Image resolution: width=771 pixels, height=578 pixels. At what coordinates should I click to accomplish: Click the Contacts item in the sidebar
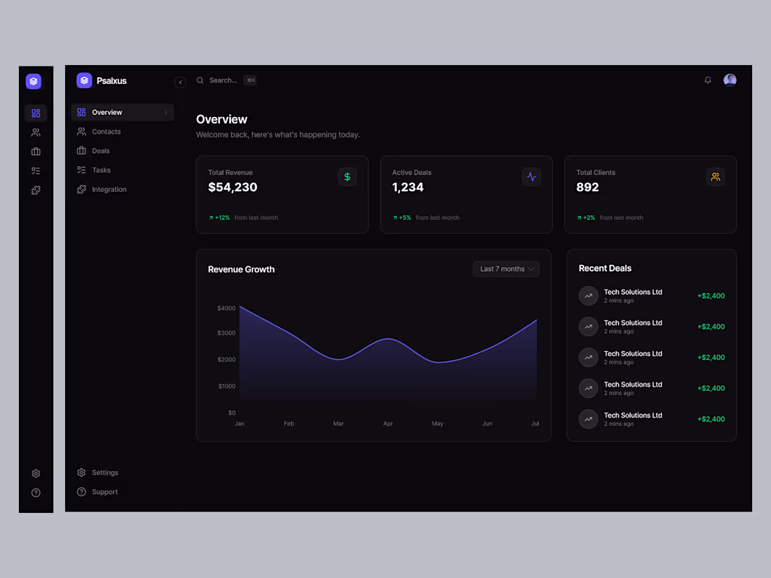click(106, 132)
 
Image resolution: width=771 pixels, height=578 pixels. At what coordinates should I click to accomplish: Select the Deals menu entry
click(100, 151)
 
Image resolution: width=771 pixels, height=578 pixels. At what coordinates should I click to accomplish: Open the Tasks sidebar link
click(101, 170)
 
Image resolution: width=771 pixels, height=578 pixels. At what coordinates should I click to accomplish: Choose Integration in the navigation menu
click(109, 189)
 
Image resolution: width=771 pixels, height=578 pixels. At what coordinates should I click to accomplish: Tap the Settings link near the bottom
click(104, 473)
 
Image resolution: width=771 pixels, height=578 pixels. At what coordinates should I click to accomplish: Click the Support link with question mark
click(104, 492)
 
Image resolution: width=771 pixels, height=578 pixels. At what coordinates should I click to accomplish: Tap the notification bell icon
click(708, 81)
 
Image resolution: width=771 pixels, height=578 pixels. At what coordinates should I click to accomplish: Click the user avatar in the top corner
click(730, 80)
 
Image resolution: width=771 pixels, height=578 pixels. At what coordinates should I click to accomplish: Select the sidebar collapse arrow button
click(180, 82)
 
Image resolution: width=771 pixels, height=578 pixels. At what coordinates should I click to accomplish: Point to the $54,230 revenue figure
click(233, 187)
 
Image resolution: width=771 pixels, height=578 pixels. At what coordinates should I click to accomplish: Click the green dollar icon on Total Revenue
click(347, 177)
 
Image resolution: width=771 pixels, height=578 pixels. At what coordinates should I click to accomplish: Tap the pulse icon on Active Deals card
click(531, 177)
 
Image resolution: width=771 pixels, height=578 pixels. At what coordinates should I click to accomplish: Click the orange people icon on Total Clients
click(715, 177)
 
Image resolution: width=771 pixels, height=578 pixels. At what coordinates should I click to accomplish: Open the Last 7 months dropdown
click(506, 269)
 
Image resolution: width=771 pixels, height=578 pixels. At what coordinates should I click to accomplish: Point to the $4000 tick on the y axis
click(226, 308)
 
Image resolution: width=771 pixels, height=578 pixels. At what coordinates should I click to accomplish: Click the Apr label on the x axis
click(388, 424)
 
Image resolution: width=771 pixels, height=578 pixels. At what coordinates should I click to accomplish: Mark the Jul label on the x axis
click(535, 424)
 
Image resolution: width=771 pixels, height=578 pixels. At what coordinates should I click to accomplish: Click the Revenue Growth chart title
click(241, 270)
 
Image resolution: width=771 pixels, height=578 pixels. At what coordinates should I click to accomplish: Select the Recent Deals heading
click(605, 268)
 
